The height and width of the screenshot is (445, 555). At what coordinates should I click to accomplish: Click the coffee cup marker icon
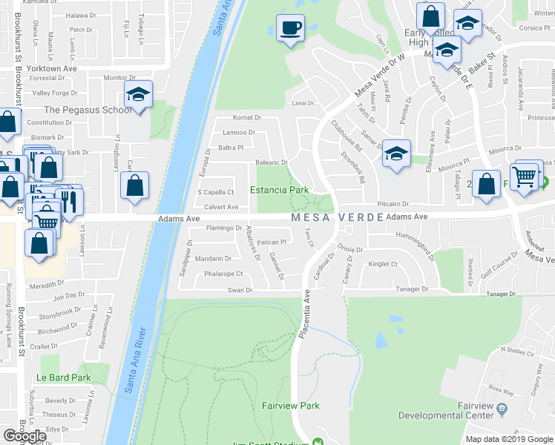click(x=290, y=29)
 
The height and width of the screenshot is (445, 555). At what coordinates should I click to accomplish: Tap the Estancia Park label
click(x=279, y=190)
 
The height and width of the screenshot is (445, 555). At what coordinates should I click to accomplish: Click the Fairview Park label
click(x=290, y=406)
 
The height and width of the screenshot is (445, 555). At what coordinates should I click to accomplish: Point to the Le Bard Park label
click(x=64, y=378)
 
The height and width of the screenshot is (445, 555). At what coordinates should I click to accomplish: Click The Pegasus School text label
click(x=88, y=110)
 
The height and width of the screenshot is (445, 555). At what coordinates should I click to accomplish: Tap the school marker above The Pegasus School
click(x=138, y=94)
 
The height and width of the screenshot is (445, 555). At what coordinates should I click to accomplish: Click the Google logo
click(x=25, y=436)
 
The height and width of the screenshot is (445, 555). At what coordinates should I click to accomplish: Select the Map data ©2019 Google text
click(x=508, y=439)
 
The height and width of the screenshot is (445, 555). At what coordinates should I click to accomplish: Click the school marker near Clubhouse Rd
click(x=396, y=154)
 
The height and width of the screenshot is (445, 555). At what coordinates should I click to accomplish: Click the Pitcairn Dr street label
click(x=393, y=203)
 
